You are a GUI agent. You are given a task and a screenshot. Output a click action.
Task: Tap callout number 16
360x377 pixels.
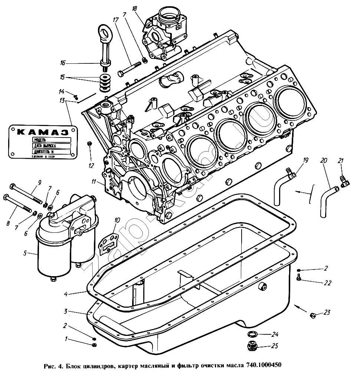coord(63,63)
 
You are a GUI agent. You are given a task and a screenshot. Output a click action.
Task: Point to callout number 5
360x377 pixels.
coord(25,254)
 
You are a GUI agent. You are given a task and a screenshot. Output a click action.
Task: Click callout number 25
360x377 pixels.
coord(275,347)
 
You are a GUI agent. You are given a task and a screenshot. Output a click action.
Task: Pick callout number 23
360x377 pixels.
coord(327,312)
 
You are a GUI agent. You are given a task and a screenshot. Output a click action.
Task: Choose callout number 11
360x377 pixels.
coord(94,182)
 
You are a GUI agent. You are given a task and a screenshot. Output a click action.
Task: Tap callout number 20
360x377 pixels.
coord(323,161)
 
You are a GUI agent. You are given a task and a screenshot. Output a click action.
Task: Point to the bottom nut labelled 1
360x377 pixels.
coord(94,345)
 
